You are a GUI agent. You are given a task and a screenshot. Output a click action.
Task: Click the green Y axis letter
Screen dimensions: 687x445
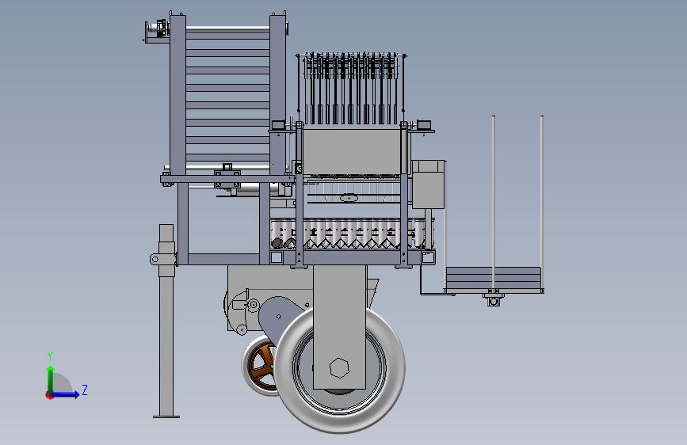click(50, 356)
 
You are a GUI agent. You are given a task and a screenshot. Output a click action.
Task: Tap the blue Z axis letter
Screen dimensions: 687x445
click(85, 390)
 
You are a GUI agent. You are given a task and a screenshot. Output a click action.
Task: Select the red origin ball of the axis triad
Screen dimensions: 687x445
click(49, 395)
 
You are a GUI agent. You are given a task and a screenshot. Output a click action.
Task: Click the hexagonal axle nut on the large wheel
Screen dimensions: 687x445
click(339, 368)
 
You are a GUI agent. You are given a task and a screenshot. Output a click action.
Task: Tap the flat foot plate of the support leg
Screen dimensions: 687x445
click(166, 416)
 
